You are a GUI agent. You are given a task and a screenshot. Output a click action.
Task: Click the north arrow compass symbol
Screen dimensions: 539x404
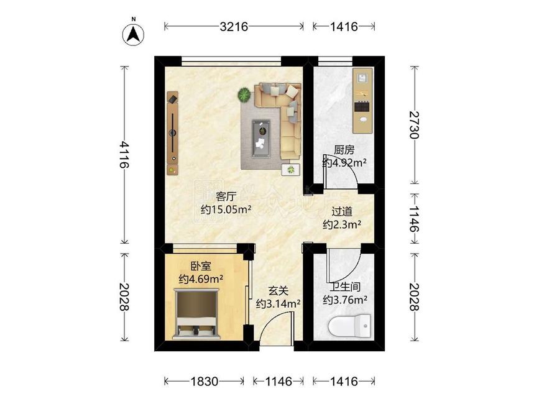pos(134,34)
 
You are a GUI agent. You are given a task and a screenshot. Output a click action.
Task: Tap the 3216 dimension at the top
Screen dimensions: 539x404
pos(234,27)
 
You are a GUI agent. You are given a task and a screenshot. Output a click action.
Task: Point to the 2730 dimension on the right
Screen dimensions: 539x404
pos(414,124)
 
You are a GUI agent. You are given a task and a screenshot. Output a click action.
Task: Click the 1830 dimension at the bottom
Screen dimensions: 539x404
pos(204,382)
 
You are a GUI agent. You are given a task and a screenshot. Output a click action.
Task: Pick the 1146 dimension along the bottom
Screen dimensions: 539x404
pos(279,382)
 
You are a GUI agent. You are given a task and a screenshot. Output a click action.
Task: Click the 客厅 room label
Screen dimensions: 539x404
pos(226,196)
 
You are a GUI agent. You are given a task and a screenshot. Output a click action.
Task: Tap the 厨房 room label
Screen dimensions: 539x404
pos(344,150)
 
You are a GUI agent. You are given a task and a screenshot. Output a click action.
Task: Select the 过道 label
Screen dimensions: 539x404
pos(342,211)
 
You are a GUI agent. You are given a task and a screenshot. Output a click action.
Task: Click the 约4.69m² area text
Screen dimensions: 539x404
pos(201,279)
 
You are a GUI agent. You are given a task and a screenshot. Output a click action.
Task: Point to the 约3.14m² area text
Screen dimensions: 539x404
pos(279,304)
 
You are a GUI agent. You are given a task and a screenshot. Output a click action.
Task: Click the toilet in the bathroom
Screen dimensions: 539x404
pos(349,326)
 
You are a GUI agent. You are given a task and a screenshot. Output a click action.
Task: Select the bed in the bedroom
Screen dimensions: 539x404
pos(197,314)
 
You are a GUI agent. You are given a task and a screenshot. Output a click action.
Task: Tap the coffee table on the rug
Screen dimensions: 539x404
pos(261,139)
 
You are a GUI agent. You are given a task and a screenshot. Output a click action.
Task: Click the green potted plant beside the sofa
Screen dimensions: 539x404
pos(244,94)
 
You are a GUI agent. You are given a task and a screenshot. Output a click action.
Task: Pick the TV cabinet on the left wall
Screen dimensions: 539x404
pos(173,133)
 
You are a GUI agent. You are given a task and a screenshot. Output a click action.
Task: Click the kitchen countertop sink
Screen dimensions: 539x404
pos(364,120)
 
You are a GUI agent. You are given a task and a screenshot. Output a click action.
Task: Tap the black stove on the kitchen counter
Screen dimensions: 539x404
pos(362,106)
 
